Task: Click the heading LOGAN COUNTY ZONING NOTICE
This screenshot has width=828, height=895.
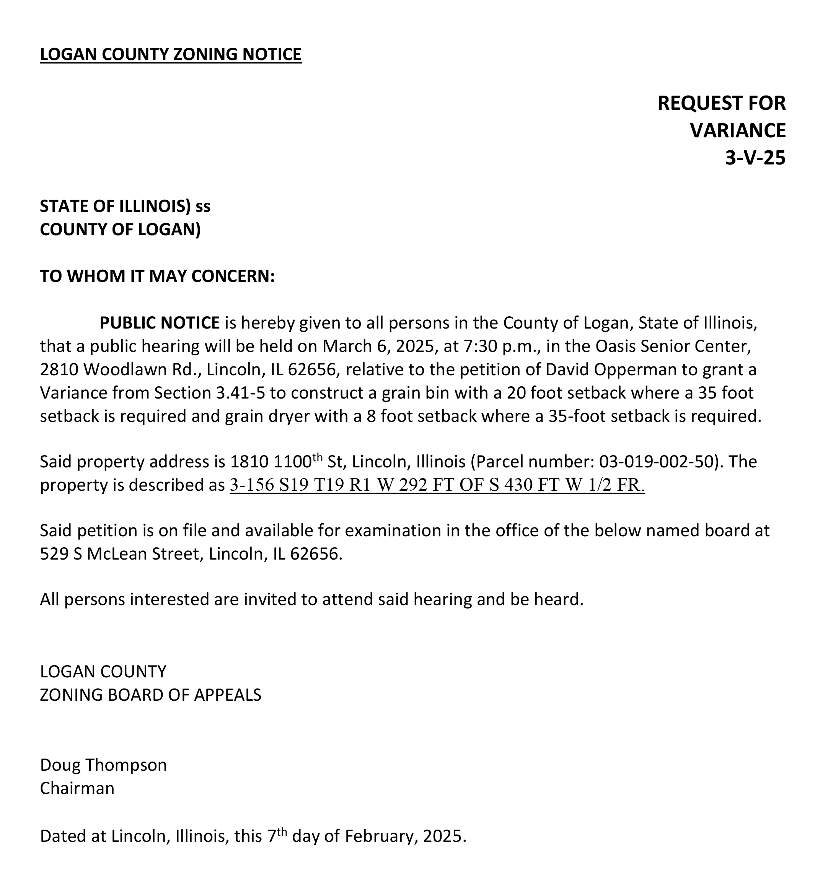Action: click(170, 54)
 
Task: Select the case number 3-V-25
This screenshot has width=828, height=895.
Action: click(755, 158)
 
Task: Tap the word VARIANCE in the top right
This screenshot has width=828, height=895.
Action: click(737, 131)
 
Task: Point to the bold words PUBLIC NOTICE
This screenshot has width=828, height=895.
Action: click(160, 322)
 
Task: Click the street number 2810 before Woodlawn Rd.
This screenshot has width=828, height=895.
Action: click(59, 369)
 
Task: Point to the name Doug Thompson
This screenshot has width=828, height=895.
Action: click(103, 765)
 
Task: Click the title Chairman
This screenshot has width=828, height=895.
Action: click(77, 788)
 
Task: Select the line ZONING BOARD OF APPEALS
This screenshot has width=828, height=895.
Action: click(150, 695)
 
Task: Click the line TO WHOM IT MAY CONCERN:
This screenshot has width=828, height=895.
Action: click(157, 277)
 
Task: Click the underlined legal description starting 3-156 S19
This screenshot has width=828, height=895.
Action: click(437, 485)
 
